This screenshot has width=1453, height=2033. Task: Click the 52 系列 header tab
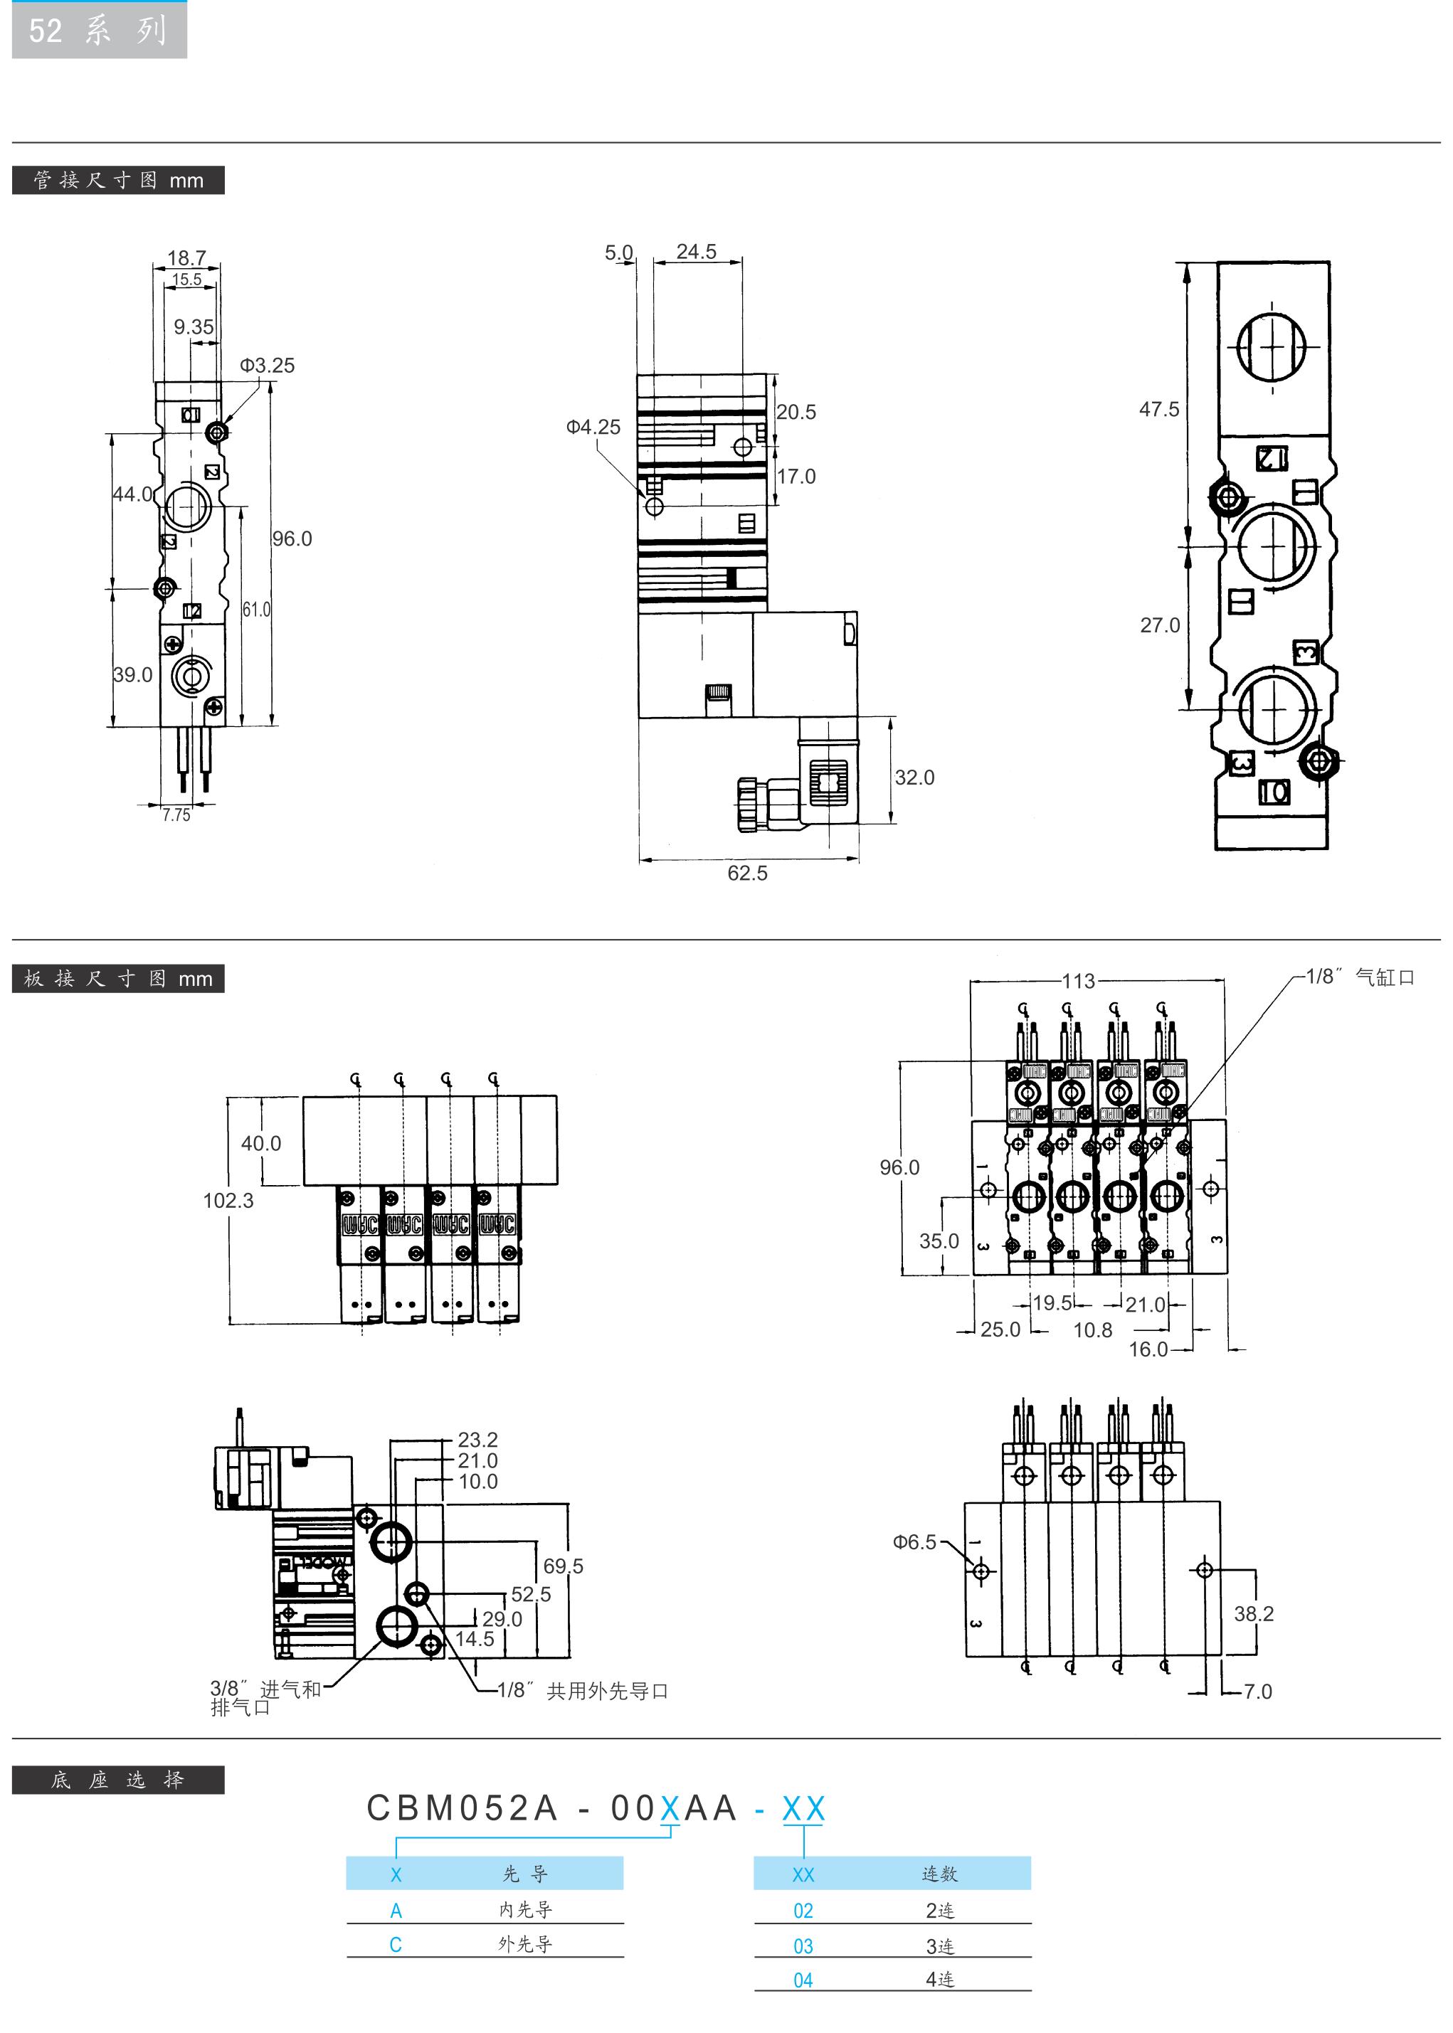tap(98, 31)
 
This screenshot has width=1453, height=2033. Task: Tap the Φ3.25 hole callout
tap(267, 365)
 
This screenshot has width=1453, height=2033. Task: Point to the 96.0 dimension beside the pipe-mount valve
tap(292, 538)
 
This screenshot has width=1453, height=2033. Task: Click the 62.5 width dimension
tap(747, 873)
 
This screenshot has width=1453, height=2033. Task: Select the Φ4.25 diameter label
tap(593, 427)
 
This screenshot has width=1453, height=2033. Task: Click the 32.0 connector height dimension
tap(914, 777)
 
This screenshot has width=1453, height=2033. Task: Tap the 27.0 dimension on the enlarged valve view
tap(1160, 625)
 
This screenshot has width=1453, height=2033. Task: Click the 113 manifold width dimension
tap(1078, 981)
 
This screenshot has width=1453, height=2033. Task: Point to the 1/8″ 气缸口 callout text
tap(1360, 977)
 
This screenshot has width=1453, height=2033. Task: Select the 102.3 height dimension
tap(228, 1200)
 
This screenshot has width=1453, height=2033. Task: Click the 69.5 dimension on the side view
tap(563, 1566)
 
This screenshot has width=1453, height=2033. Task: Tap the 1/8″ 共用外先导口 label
tap(583, 1690)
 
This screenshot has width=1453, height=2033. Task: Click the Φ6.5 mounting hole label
tap(914, 1542)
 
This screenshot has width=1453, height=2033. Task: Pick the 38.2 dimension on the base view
tap(1254, 1613)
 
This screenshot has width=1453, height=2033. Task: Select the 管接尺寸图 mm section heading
tap(118, 180)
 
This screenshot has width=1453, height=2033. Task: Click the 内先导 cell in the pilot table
tap(525, 1909)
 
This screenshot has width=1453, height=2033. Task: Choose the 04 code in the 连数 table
tap(803, 1980)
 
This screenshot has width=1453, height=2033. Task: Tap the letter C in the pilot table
tap(396, 1945)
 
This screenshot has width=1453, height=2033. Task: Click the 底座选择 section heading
tap(118, 1780)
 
